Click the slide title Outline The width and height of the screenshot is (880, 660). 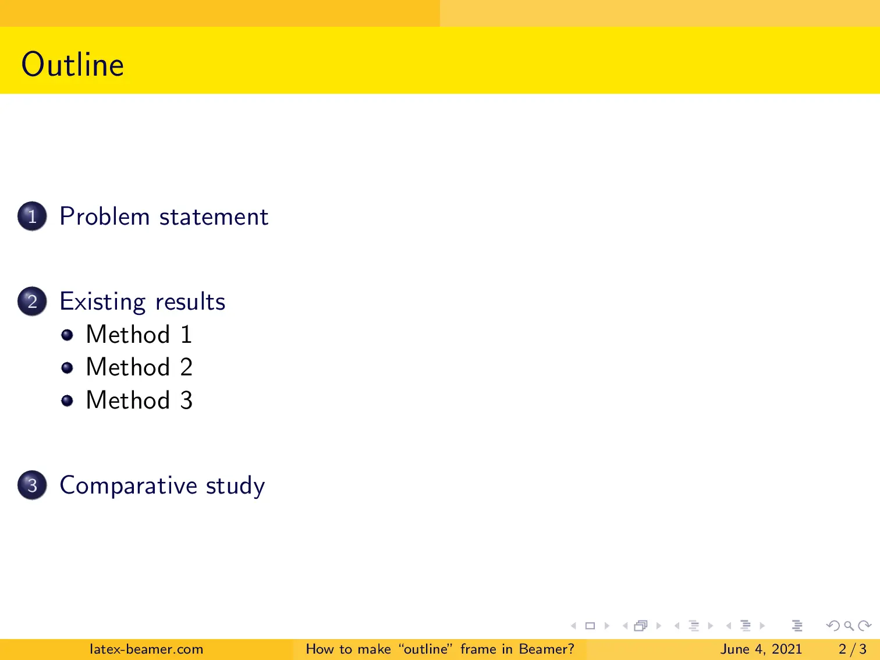point(73,64)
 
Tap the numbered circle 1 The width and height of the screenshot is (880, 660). point(32,217)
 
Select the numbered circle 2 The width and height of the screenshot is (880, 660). point(32,301)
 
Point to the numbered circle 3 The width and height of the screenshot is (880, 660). point(32,485)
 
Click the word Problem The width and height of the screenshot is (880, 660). point(105,217)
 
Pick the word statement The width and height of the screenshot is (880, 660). point(214,217)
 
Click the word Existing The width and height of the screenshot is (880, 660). point(102,302)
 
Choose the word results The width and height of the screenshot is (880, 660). point(190,302)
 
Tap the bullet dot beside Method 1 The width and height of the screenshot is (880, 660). point(68,335)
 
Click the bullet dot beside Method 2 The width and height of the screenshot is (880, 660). point(68,368)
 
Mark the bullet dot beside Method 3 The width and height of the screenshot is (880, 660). point(68,400)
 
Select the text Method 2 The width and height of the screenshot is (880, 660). point(139,367)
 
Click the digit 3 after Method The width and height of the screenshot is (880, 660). point(186,400)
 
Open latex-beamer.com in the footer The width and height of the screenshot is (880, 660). point(146,649)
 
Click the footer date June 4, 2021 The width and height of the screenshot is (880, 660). point(761,649)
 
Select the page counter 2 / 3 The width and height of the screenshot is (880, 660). point(852,649)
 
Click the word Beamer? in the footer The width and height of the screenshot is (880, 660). point(546,649)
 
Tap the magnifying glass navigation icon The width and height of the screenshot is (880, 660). point(849,626)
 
